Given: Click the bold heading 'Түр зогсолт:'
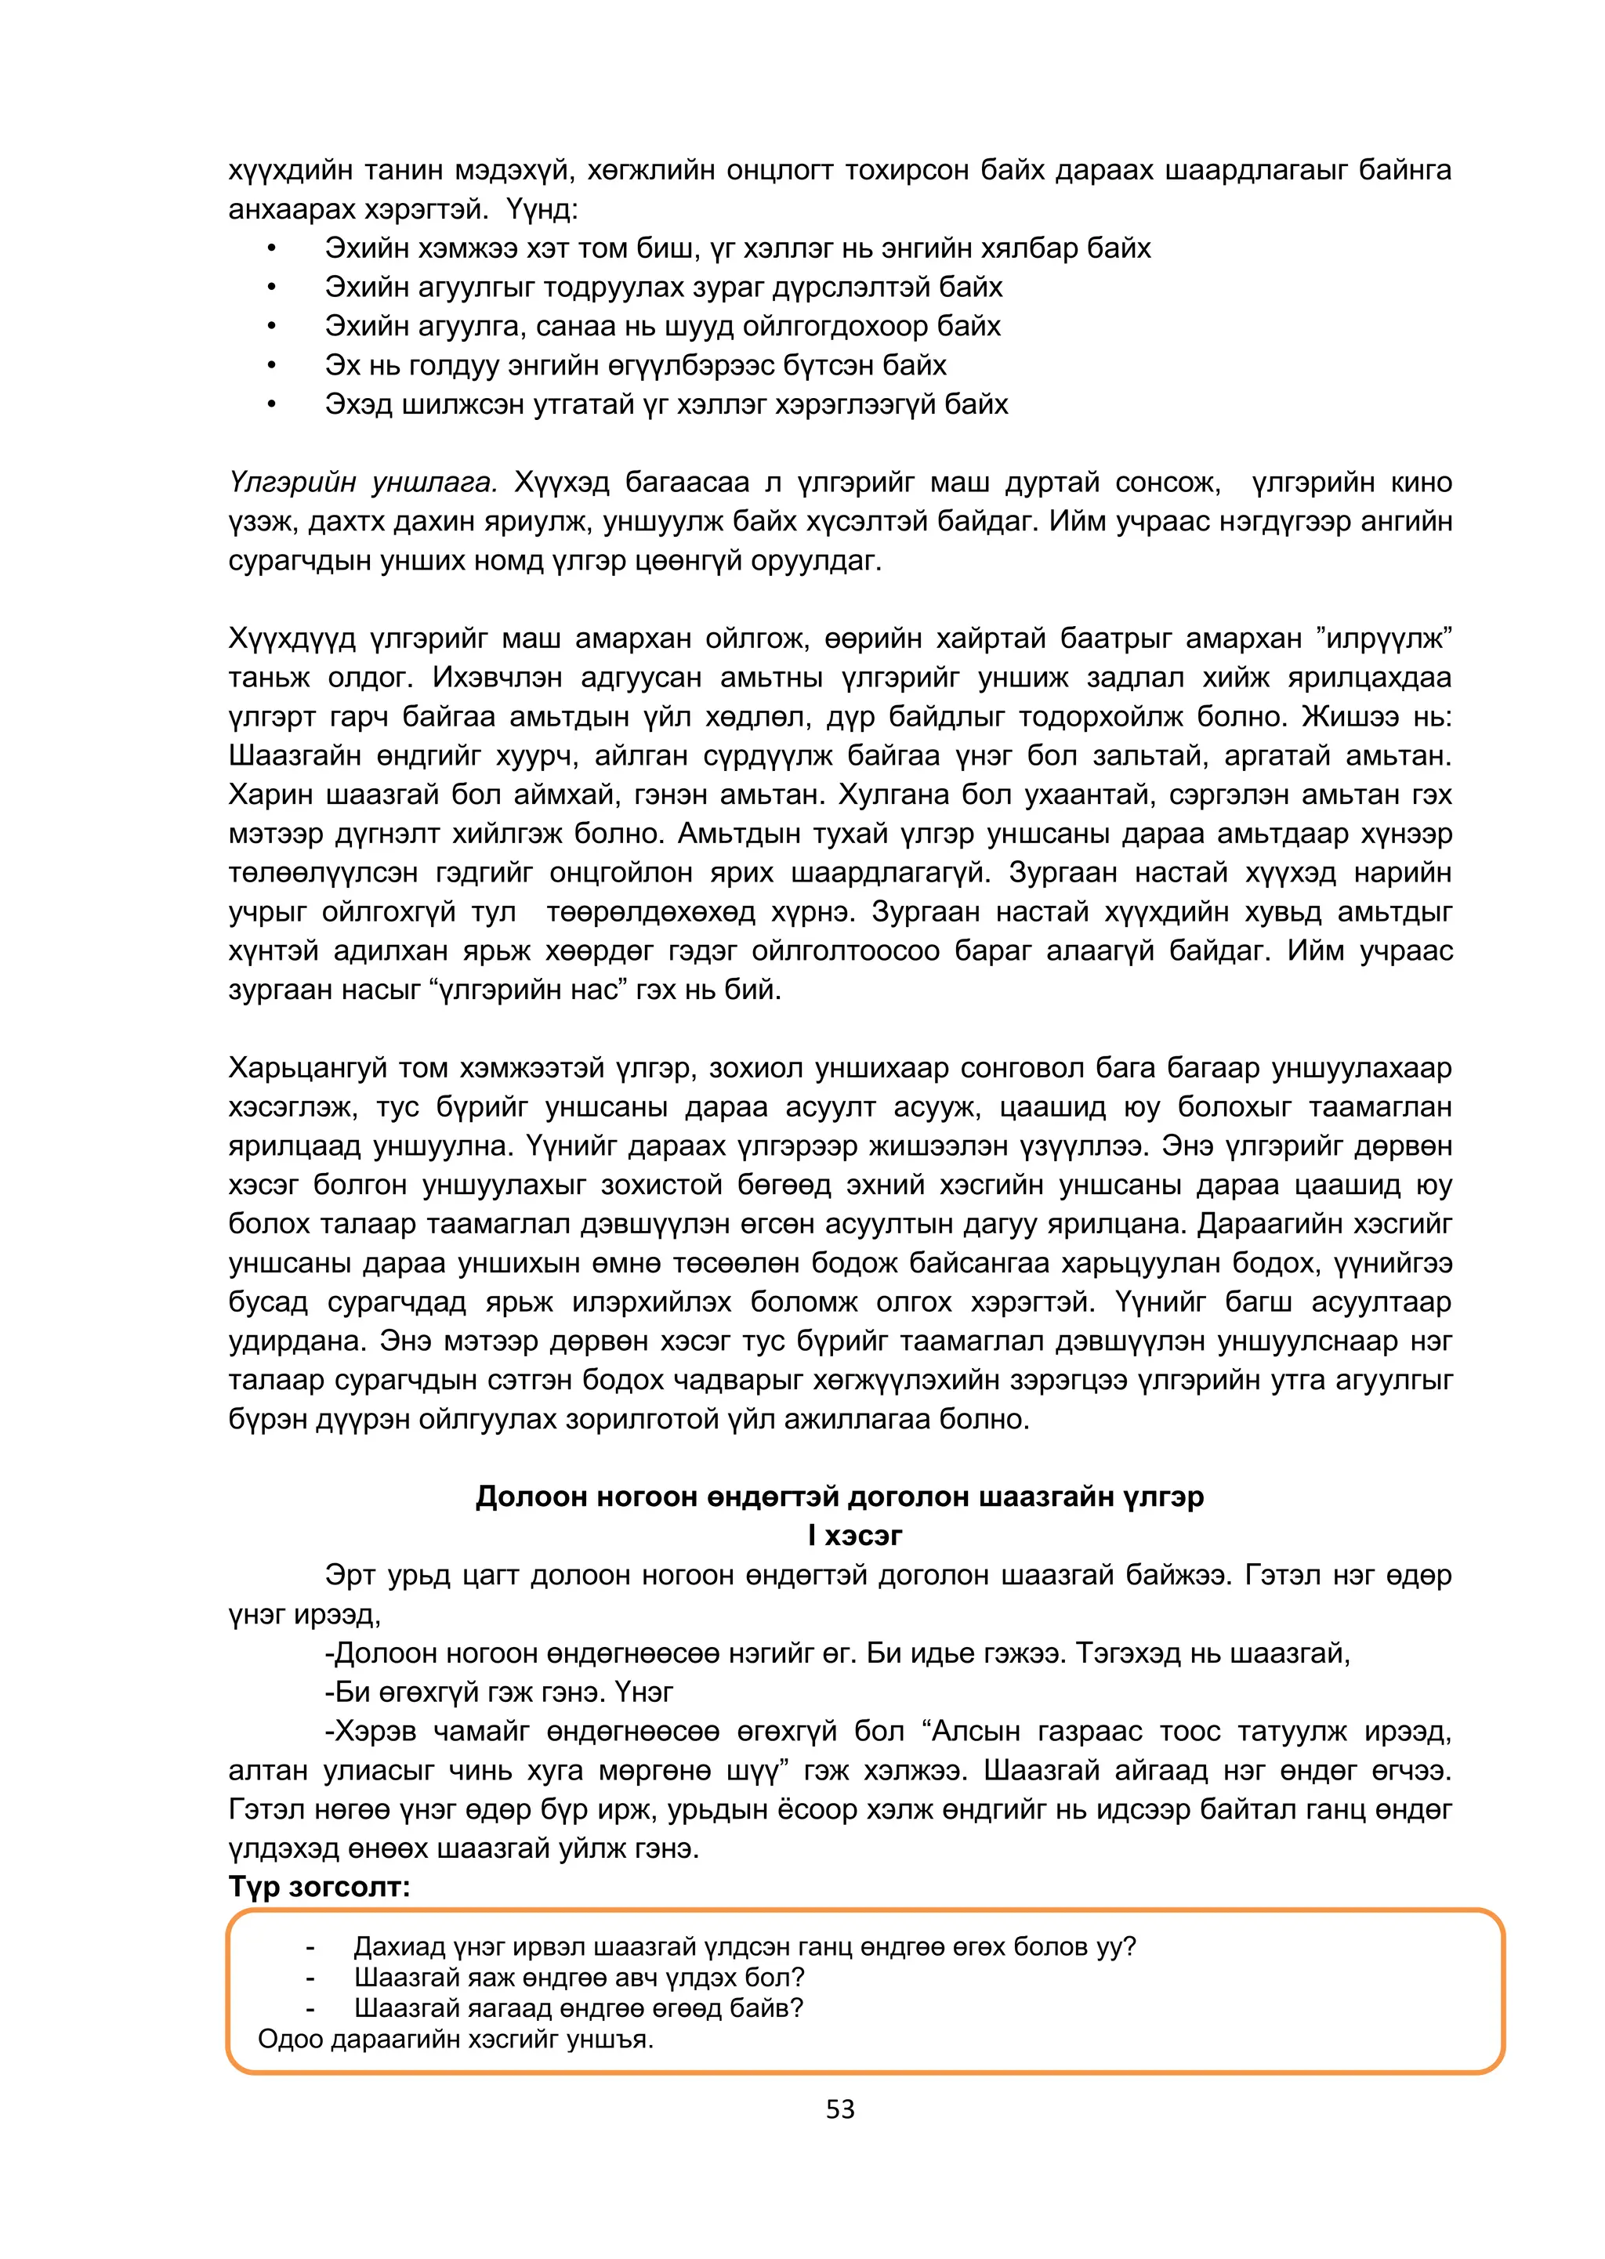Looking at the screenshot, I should [x=318, y=1887].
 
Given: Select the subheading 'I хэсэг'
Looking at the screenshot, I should [x=855, y=1535].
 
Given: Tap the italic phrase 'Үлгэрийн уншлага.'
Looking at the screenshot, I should [x=363, y=482].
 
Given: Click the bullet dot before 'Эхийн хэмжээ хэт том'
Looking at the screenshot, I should [x=271, y=248].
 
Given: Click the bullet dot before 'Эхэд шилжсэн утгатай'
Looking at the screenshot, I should [x=271, y=404].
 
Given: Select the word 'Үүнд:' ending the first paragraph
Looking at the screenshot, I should [x=542, y=209].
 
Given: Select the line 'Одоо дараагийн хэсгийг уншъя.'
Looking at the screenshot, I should [x=455, y=2038].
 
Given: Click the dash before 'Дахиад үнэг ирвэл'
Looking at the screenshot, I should [x=310, y=1946].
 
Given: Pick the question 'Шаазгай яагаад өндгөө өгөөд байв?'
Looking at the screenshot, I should [x=578, y=2008].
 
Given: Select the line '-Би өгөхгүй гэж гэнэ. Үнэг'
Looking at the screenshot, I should [x=498, y=1692].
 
